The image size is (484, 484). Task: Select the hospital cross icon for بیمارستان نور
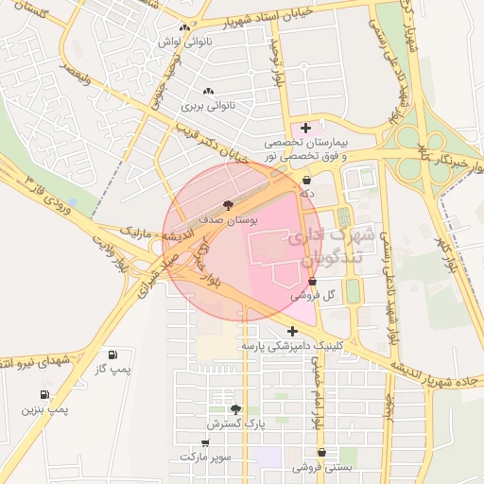pyautogui.click(x=305, y=127)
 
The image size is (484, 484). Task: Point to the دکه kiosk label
pyautogui.click(x=306, y=193)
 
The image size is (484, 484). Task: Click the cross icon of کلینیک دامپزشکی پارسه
pyautogui.click(x=293, y=331)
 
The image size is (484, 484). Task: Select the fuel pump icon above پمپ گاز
pyautogui.click(x=114, y=354)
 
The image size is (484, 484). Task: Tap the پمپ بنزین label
pyautogui.click(x=45, y=410)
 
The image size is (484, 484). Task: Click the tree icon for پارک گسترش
pyautogui.click(x=235, y=409)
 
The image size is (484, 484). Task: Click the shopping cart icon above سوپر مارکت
pyautogui.click(x=204, y=442)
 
